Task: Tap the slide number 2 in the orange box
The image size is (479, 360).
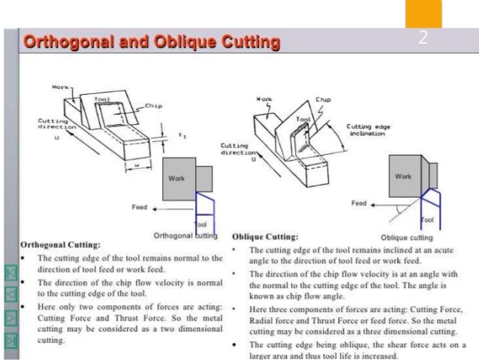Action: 423,38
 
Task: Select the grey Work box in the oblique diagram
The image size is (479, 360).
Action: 404,177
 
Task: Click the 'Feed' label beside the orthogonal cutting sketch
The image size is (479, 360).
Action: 140,207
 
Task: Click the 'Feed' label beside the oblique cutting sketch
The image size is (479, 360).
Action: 359,204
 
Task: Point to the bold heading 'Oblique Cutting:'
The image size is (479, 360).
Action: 267,235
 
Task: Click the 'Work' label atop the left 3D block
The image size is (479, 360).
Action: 60,87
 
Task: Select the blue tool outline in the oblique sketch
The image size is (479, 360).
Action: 426,203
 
